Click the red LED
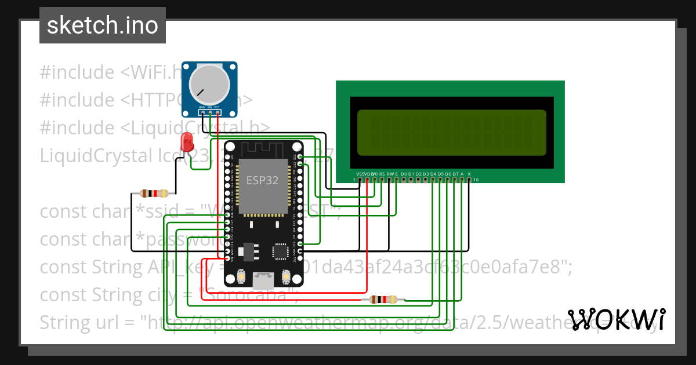click(x=187, y=141)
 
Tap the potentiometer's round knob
click(x=210, y=83)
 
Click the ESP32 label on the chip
click(x=262, y=180)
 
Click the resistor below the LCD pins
click(x=383, y=300)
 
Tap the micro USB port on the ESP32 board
click(x=263, y=281)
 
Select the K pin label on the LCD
click(x=469, y=174)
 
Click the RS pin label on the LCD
click(x=382, y=174)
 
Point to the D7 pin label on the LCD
click(x=455, y=174)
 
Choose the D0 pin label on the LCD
click(x=404, y=174)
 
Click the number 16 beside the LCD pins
click(x=476, y=180)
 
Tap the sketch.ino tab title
click(x=102, y=25)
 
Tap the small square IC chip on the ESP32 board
click(x=281, y=251)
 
